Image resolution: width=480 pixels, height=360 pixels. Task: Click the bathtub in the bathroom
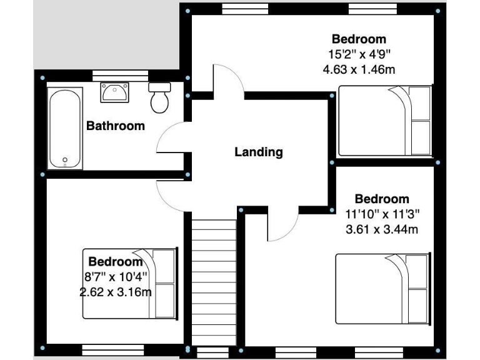pos(65,129)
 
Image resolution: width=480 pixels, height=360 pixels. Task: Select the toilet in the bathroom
pos(160,97)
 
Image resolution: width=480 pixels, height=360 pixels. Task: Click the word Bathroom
pos(115,126)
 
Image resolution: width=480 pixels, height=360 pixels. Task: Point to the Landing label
pos(258,151)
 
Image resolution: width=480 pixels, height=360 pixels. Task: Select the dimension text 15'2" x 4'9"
pos(359,54)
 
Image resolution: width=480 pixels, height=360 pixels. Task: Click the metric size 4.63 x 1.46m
pos(359,69)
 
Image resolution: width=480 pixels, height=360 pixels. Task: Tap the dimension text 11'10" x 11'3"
pos(382,214)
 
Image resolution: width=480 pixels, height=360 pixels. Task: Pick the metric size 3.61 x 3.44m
pos(382,229)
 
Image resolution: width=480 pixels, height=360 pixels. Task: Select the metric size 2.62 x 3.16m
pos(115,291)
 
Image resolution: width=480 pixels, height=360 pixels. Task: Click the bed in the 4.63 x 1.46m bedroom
pos(384,121)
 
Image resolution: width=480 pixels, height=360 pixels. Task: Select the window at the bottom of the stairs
pos(213,352)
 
